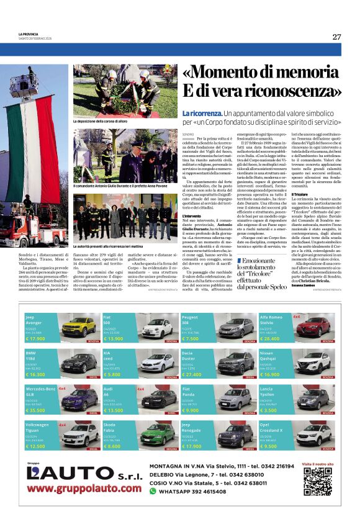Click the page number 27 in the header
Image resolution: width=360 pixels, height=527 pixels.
(336, 37)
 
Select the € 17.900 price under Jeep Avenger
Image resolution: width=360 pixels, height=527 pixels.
(35, 339)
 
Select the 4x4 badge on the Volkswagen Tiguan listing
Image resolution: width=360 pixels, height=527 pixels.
(62, 425)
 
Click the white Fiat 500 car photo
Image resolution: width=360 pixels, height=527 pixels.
(157, 327)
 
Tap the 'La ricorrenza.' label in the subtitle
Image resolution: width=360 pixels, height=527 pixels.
(202, 114)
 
